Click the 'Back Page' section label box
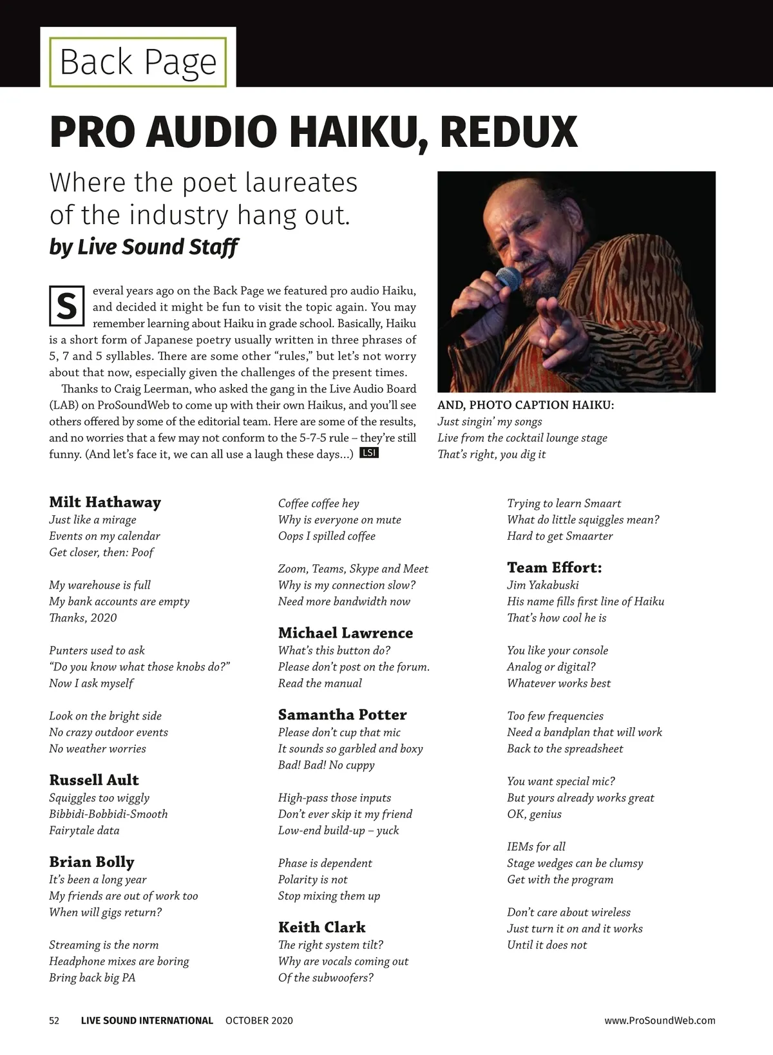pos(138,62)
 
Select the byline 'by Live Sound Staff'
pos(144,247)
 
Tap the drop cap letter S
pos(67,307)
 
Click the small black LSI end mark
pos(368,453)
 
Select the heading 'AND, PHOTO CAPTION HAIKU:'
pos(526,405)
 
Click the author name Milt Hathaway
pos(105,502)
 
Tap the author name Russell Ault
pos(94,780)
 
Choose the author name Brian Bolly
pos(91,862)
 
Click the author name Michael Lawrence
pos(345,633)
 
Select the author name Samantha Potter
pos(342,715)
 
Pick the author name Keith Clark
pos(321,927)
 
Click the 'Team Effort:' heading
pos(554,568)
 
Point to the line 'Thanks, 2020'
pos(83,618)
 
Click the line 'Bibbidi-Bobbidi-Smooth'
pos(108,814)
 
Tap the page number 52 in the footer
pos(54,1021)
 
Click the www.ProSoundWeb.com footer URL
pos(660,1021)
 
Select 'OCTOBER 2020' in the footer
pos(259,1021)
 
